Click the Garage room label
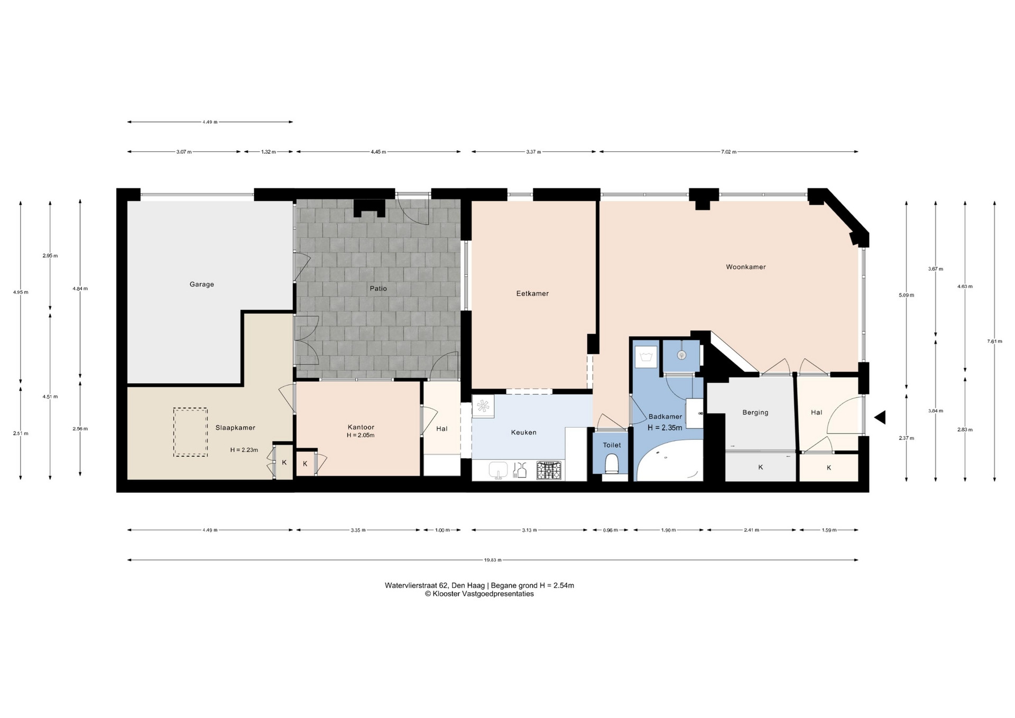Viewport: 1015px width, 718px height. pyautogui.click(x=202, y=284)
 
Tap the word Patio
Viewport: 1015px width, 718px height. pyautogui.click(x=379, y=289)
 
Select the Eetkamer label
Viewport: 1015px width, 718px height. pyautogui.click(x=532, y=293)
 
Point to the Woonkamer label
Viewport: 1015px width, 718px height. pyautogui.click(x=746, y=267)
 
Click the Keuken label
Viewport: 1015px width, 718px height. pyautogui.click(x=524, y=432)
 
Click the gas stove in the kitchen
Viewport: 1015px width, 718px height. pyautogui.click(x=549, y=470)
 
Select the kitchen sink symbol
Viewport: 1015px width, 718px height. pyautogui.click(x=498, y=470)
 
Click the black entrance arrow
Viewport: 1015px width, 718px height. pyautogui.click(x=880, y=418)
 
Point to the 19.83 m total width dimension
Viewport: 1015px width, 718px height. pyautogui.click(x=493, y=560)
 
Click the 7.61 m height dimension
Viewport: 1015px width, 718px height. pyautogui.click(x=994, y=342)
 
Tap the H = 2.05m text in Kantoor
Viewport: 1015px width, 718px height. pyautogui.click(x=361, y=436)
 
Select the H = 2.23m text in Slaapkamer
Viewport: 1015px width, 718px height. pyautogui.click(x=244, y=450)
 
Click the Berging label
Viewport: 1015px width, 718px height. pyautogui.click(x=755, y=412)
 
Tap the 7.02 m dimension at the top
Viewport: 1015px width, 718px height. pyautogui.click(x=728, y=152)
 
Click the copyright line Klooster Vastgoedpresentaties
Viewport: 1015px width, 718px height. pyautogui.click(x=479, y=594)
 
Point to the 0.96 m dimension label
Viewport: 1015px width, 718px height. pyautogui.click(x=611, y=530)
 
